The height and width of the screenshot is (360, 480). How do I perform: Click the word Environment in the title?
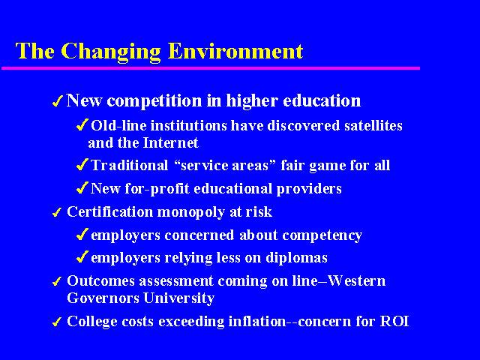(x=235, y=51)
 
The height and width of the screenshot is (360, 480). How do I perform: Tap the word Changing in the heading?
(x=111, y=52)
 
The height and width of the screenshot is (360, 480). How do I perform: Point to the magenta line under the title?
(x=211, y=68)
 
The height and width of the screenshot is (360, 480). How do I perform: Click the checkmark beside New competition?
(x=58, y=101)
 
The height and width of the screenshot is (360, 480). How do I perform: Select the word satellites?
(x=373, y=126)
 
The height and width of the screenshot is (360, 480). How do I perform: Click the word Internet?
(x=170, y=143)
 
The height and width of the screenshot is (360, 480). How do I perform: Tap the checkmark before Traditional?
(x=82, y=165)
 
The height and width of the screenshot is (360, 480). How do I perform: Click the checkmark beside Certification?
(x=57, y=212)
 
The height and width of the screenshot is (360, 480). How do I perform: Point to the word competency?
(x=322, y=235)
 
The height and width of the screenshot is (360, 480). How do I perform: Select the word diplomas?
(x=296, y=258)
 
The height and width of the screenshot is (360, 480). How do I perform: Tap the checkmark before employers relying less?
(x=82, y=257)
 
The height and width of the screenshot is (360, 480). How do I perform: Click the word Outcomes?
(x=100, y=281)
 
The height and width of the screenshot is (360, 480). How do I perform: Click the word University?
(x=178, y=298)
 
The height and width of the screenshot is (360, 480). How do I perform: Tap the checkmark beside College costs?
(x=57, y=322)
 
